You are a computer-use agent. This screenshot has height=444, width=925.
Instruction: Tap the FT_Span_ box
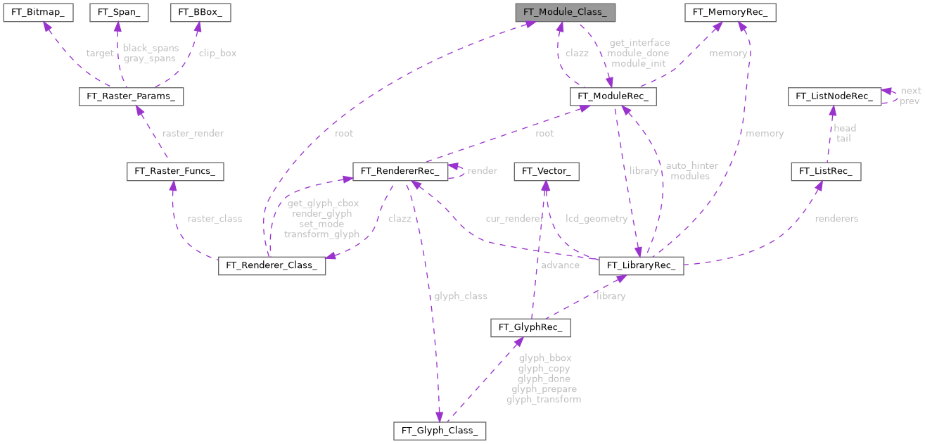pyautogui.click(x=118, y=13)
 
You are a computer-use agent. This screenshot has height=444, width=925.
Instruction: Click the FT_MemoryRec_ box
pyautogui.click(x=731, y=13)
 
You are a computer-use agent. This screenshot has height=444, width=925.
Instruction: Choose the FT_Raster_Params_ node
pyautogui.click(x=131, y=97)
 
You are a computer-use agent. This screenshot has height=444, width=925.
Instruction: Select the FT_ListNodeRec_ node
pyautogui.click(x=834, y=97)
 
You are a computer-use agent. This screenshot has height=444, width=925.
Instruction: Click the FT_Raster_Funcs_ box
pyautogui.click(x=175, y=171)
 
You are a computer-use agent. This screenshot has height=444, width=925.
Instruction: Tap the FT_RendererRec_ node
pyautogui.click(x=400, y=171)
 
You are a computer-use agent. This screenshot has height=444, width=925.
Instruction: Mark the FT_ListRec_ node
pyautogui.click(x=826, y=171)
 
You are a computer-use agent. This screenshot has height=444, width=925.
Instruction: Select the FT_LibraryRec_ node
pyautogui.click(x=641, y=266)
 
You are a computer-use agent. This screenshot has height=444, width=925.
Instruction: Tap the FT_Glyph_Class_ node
pyautogui.click(x=440, y=429)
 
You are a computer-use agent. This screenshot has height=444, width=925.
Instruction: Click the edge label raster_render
pyautogui.click(x=192, y=133)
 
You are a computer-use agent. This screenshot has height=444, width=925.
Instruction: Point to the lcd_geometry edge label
pyautogui.click(x=597, y=219)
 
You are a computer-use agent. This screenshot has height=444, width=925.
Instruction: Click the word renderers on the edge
pyautogui.click(x=836, y=219)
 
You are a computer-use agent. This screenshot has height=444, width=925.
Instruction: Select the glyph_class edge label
pyautogui.click(x=460, y=296)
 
